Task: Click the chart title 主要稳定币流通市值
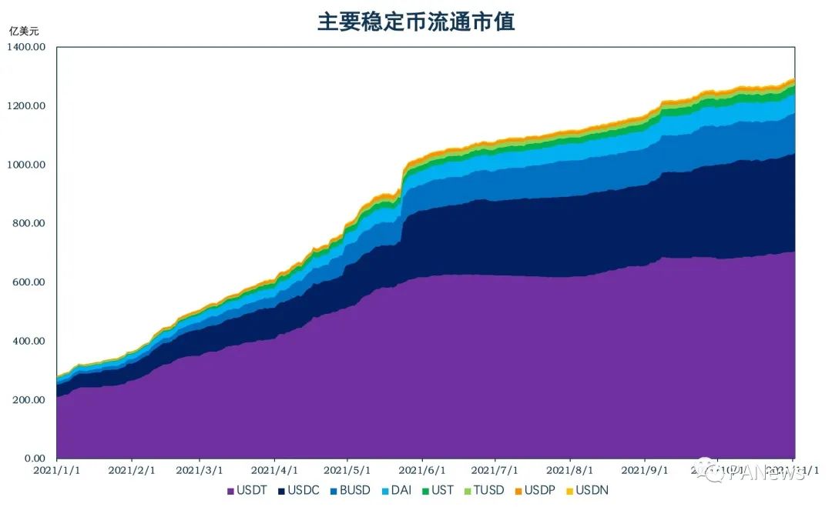(x=416, y=21)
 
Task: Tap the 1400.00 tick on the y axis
(x=27, y=47)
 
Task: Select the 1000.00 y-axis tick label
(x=27, y=165)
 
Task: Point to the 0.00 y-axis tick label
(x=35, y=459)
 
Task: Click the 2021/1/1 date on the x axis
(x=56, y=469)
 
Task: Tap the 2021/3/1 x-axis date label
(x=200, y=469)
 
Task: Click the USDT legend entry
(x=247, y=490)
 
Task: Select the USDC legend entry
(x=298, y=490)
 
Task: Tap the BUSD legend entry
(x=350, y=490)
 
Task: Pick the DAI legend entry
(x=396, y=490)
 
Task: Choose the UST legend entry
(x=436, y=490)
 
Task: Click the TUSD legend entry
(x=483, y=490)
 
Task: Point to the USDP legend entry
(x=534, y=490)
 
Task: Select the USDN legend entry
(x=587, y=490)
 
